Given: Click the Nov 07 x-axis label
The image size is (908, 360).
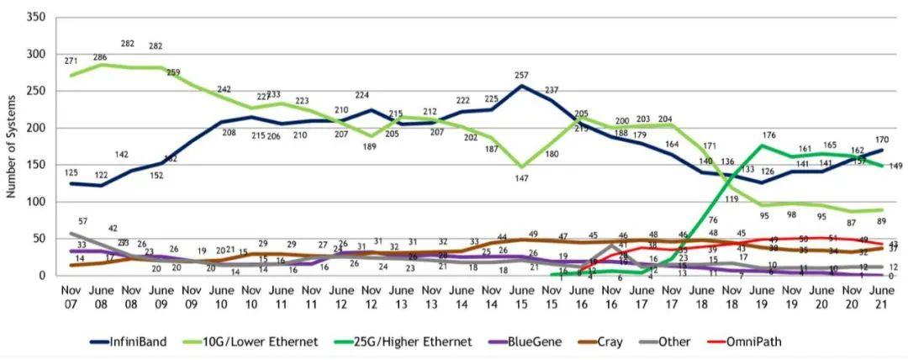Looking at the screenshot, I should click(x=71, y=297).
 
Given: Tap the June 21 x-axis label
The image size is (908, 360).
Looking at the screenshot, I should click(x=878, y=297).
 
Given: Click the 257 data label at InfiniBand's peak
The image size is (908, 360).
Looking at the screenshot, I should click(x=523, y=76).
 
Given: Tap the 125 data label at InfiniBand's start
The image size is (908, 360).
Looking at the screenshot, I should click(x=71, y=172).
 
